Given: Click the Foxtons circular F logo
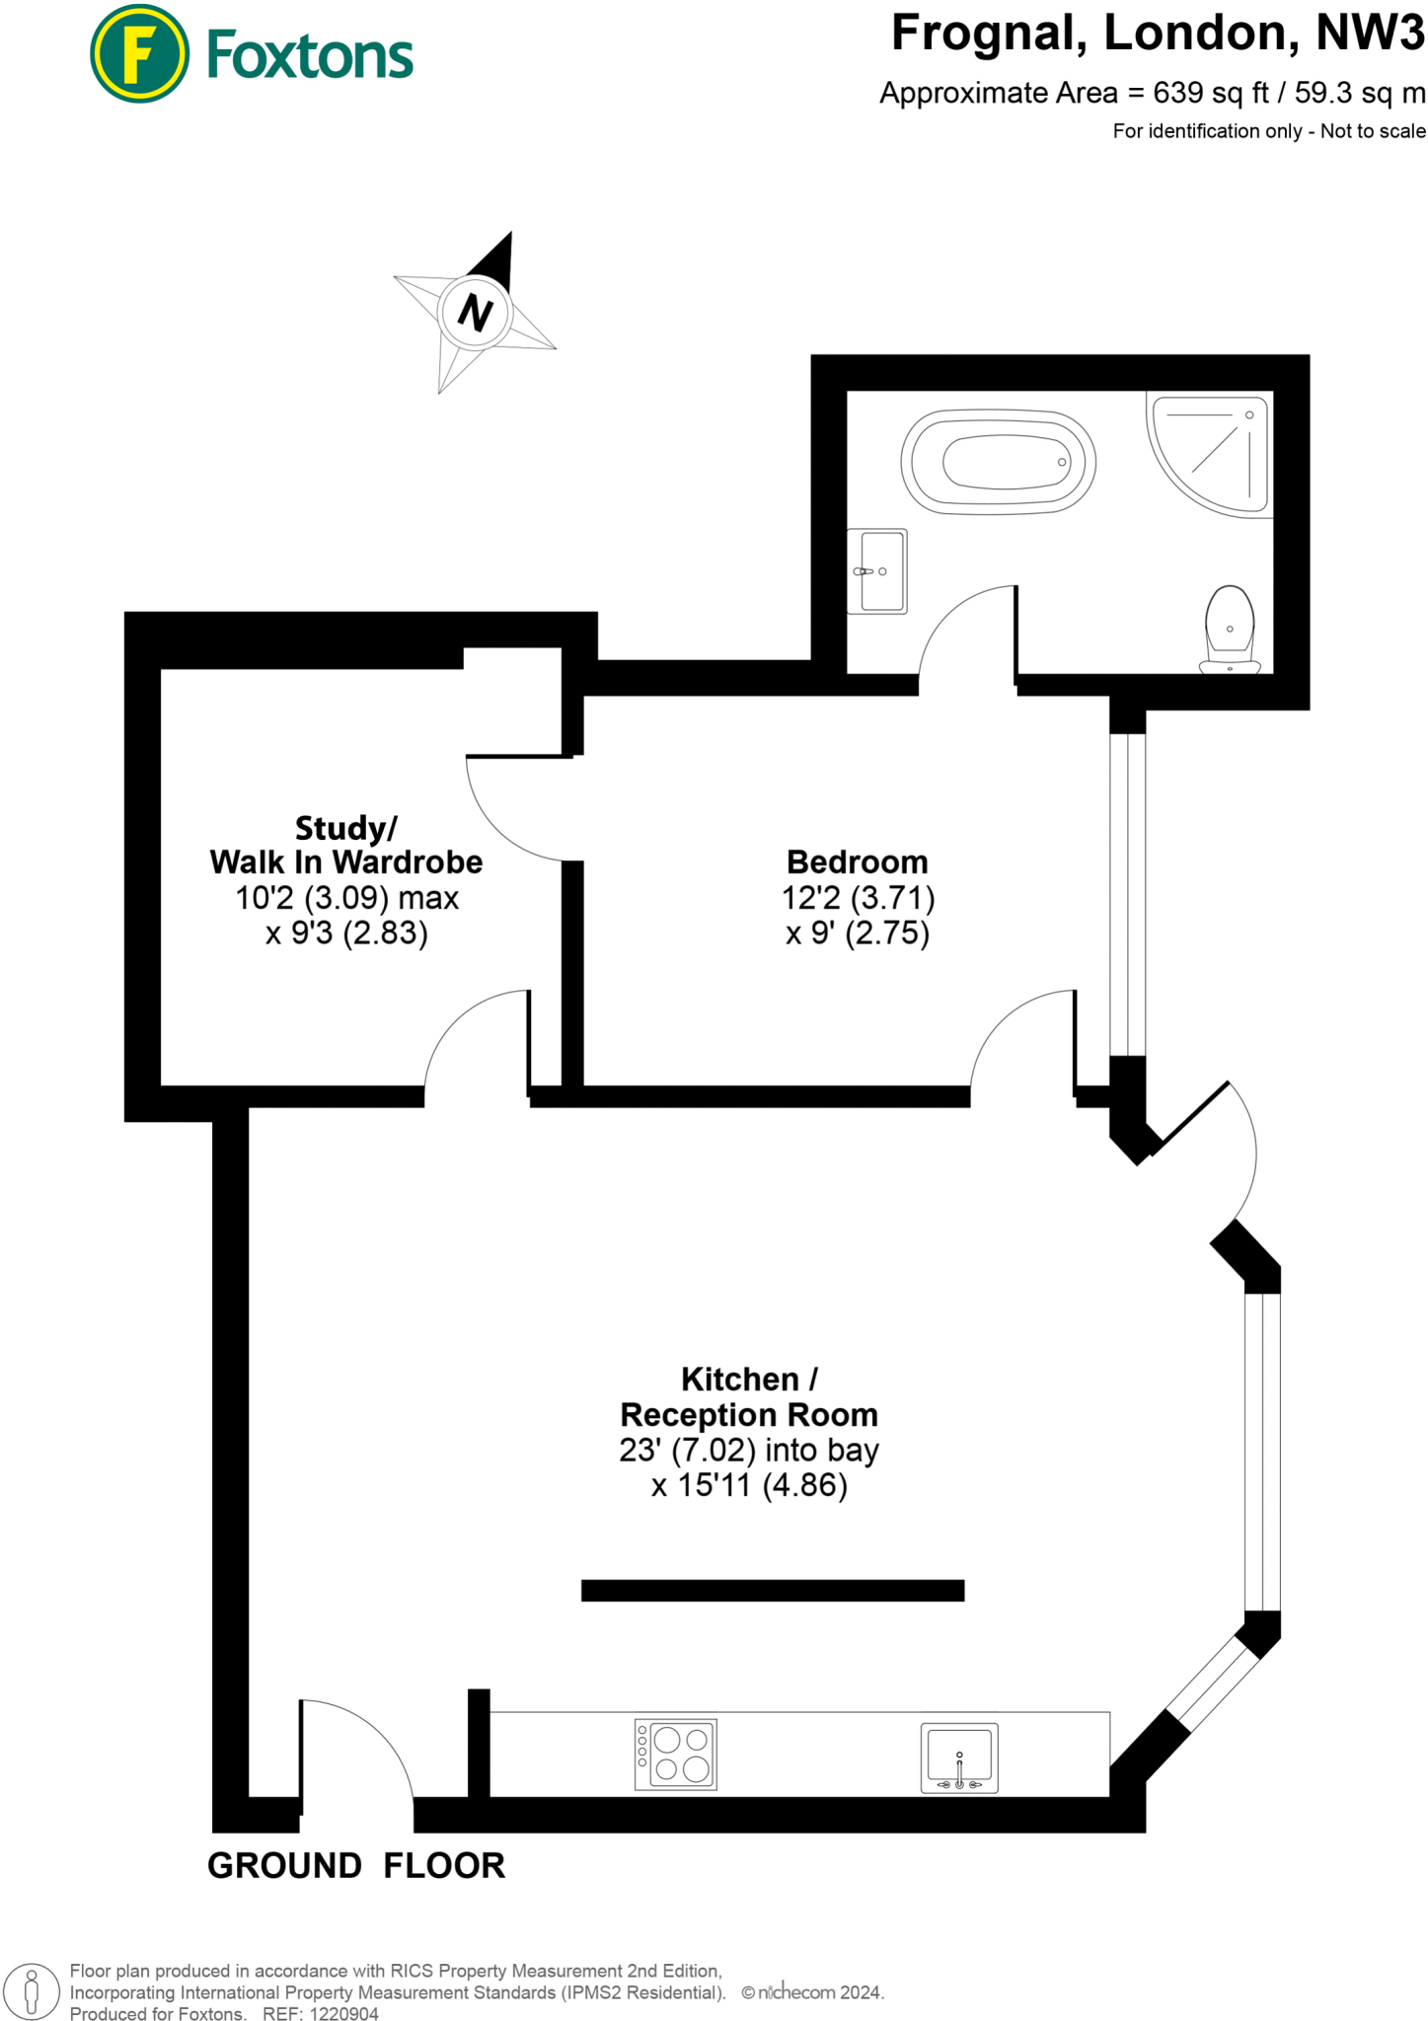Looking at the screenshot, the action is click(x=139, y=54).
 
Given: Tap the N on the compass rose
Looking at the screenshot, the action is click(x=475, y=314).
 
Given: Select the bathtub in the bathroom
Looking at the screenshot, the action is click(x=998, y=462).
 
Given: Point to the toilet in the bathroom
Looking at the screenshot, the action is click(x=1230, y=630).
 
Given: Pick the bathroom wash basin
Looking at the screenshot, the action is click(x=877, y=570).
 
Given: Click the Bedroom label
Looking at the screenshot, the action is click(x=857, y=861).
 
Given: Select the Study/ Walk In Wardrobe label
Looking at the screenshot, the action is click(x=345, y=845).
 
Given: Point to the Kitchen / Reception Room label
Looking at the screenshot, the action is click(x=748, y=1396).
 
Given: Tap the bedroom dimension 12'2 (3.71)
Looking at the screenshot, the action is click(x=858, y=898).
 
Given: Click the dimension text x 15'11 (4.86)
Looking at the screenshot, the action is click(x=749, y=1485).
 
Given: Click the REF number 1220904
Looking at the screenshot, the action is click(x=344, y=2014).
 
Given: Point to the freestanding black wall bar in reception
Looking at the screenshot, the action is click(x=772, y=1591).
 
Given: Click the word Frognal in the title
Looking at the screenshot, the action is click(x=988, y=34).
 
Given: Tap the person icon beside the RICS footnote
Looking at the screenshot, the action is click(x=32, y=1991).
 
